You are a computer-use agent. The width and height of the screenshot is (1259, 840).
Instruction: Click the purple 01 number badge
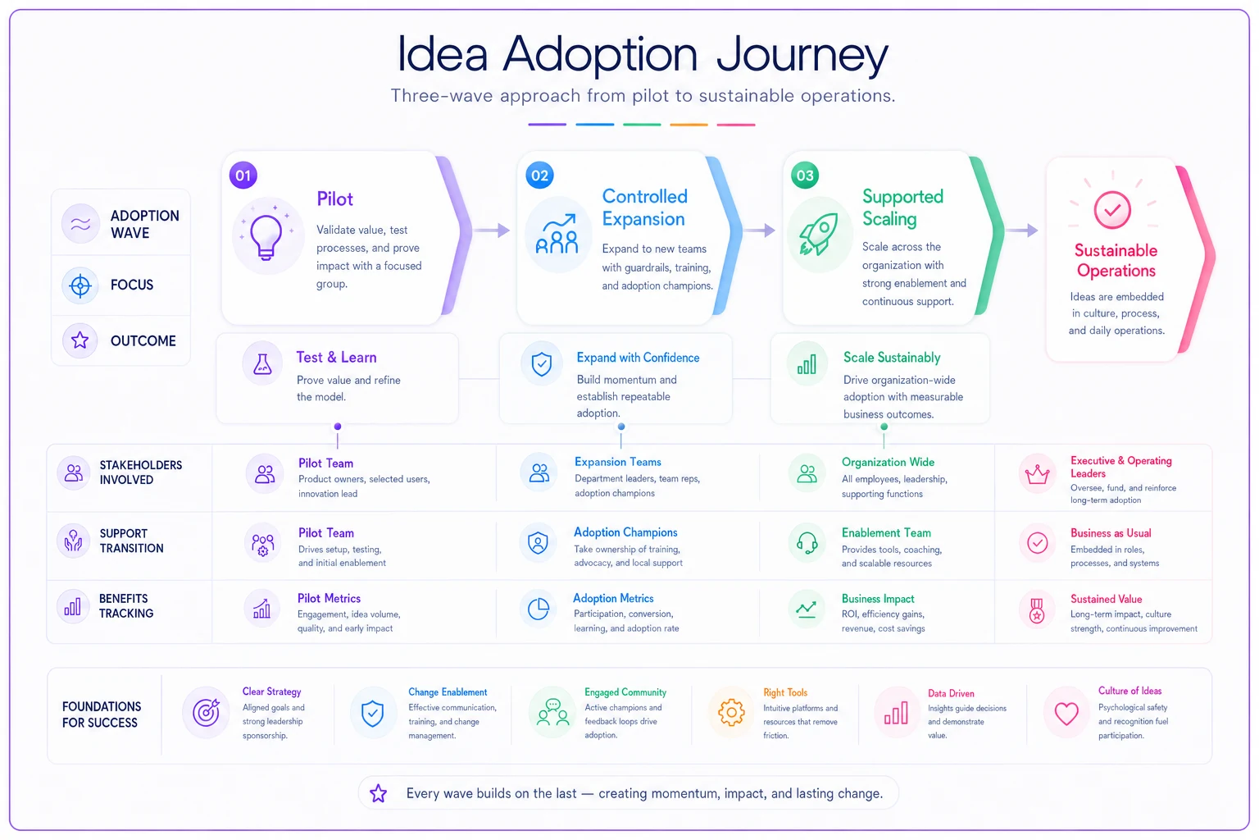pyautogui.click(x=243, y=176)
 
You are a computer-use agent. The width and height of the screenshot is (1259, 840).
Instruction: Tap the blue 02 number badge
pyautogui.click(x=539, y=176)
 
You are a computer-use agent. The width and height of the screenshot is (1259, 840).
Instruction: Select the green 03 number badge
pyautogui.click(x=805, y=176)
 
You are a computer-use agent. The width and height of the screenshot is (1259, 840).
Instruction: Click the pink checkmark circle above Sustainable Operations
pyautogui.click(x=1112, y=210)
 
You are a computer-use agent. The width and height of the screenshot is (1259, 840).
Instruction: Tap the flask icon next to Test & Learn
pyautogui.click(x=262, y=364)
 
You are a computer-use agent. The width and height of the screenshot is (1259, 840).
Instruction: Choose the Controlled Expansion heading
pyautogui.click(x=645, y=208)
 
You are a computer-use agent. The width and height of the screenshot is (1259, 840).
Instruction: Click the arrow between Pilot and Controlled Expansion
pyautogui.click(x=492, y=231)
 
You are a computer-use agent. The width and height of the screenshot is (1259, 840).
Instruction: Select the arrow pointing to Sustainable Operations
pyautogui.click(x=1022, y=231)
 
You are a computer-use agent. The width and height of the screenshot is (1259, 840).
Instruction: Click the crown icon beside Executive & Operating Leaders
pyautogui.click(x=1037, y=475)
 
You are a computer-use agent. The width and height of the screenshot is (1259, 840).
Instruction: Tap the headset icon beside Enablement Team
pyautogui.click(x=807, y=543)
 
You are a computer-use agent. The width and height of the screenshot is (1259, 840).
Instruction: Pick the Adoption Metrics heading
pyautogui.click(x=613, y=598)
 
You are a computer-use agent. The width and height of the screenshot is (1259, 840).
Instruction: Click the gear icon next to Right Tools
pyautogui.click(x=731, y=713)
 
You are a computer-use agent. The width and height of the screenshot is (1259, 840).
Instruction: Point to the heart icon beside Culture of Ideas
pyautogui.click(x=1066, y=714)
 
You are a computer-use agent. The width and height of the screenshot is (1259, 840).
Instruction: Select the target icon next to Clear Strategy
pyautogui.click(x=207, y=713)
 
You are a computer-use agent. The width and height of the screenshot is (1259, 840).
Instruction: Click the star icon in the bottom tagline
pyautogui.click(x=378, y=793)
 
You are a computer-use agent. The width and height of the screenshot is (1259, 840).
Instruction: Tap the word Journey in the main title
pyautogui.click(x=802, y=55)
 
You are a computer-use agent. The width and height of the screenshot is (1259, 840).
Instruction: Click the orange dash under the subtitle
pyautogui.click(x=689, y=125)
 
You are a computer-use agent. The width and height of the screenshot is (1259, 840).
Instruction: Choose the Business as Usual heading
pyautogui.click(x=1111, y=533)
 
